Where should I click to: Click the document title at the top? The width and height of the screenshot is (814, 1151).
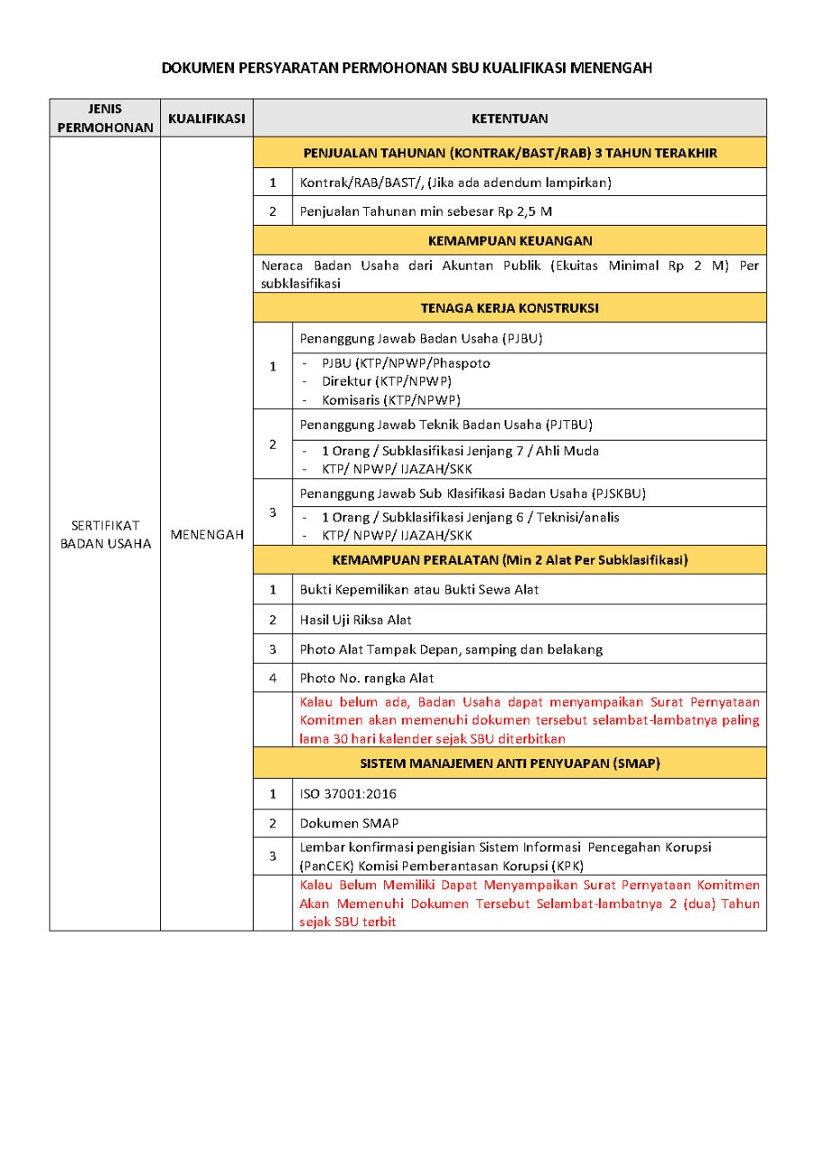pos(407,68)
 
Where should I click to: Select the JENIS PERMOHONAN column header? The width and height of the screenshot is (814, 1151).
pos(105,118)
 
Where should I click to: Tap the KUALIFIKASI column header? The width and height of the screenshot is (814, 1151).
pos(207,118)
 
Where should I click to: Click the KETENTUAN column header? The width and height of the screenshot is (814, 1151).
pos(510,119)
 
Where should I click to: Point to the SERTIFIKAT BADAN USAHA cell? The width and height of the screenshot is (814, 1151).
pos(105,535)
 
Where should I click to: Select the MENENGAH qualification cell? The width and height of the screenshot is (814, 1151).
pos(207,535)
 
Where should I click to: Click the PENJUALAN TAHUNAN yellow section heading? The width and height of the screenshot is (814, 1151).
pos(510,153)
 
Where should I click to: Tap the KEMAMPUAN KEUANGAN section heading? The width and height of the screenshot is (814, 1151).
pos(510,241)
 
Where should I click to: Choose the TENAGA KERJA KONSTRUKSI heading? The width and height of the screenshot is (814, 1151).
pos(510,308)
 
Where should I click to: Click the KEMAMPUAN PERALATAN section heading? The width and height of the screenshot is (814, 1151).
pos(510,560)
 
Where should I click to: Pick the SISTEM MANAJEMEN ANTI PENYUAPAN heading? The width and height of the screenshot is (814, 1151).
pos(510,764)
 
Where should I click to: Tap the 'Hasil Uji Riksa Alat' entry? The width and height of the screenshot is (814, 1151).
pos(356,620)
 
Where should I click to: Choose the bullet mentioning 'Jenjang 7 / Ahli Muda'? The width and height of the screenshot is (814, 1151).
pos(461,451)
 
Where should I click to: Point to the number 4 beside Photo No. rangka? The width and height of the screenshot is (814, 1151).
pos(273,678)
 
